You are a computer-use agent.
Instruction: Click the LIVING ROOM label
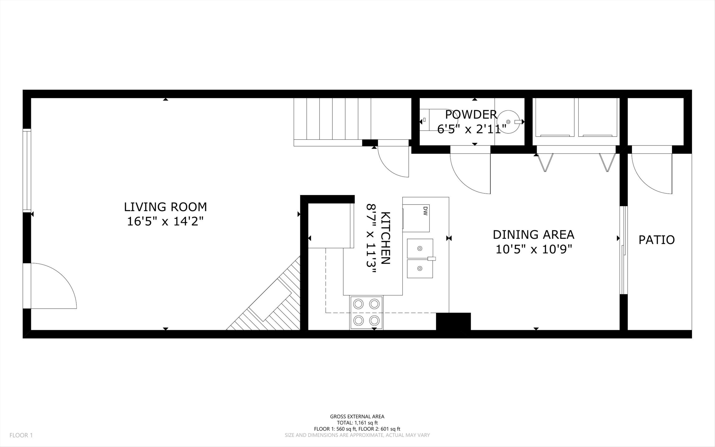coord(165,207)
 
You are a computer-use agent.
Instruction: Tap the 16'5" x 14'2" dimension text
coord(165,221)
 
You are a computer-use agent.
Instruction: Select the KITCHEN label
coord(386,238)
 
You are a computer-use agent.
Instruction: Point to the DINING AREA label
coord(534,235)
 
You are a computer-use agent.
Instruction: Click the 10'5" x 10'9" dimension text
coord(534,249)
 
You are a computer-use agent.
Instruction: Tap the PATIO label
coord(657,240)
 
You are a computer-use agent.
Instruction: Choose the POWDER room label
coord(471,115)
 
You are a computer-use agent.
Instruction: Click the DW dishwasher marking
coord(425,211)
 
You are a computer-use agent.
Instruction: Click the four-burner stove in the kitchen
coord(366,312)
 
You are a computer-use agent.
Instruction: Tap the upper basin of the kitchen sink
coord(420,248)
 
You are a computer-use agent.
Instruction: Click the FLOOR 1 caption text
coord(21,435)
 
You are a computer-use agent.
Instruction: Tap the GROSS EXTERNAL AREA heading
coord(357,416)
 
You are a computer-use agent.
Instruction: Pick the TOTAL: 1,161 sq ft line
coord(357,423)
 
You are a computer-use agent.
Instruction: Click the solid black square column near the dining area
coord(453,321)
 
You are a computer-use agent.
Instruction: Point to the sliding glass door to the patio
coord(623,250)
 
